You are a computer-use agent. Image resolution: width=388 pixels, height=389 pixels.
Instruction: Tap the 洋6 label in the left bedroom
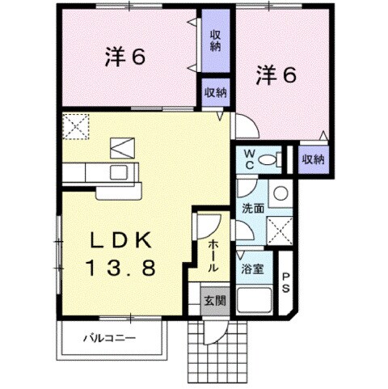click(124, 59)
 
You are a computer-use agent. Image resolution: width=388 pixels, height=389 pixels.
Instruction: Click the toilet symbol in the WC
click(274, 159)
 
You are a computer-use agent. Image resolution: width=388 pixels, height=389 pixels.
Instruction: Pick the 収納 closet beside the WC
click(313, 159)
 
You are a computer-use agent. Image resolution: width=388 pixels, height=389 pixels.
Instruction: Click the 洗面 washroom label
click(253, 209)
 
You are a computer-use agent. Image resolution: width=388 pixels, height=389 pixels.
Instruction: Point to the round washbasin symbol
click(279, 193)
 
